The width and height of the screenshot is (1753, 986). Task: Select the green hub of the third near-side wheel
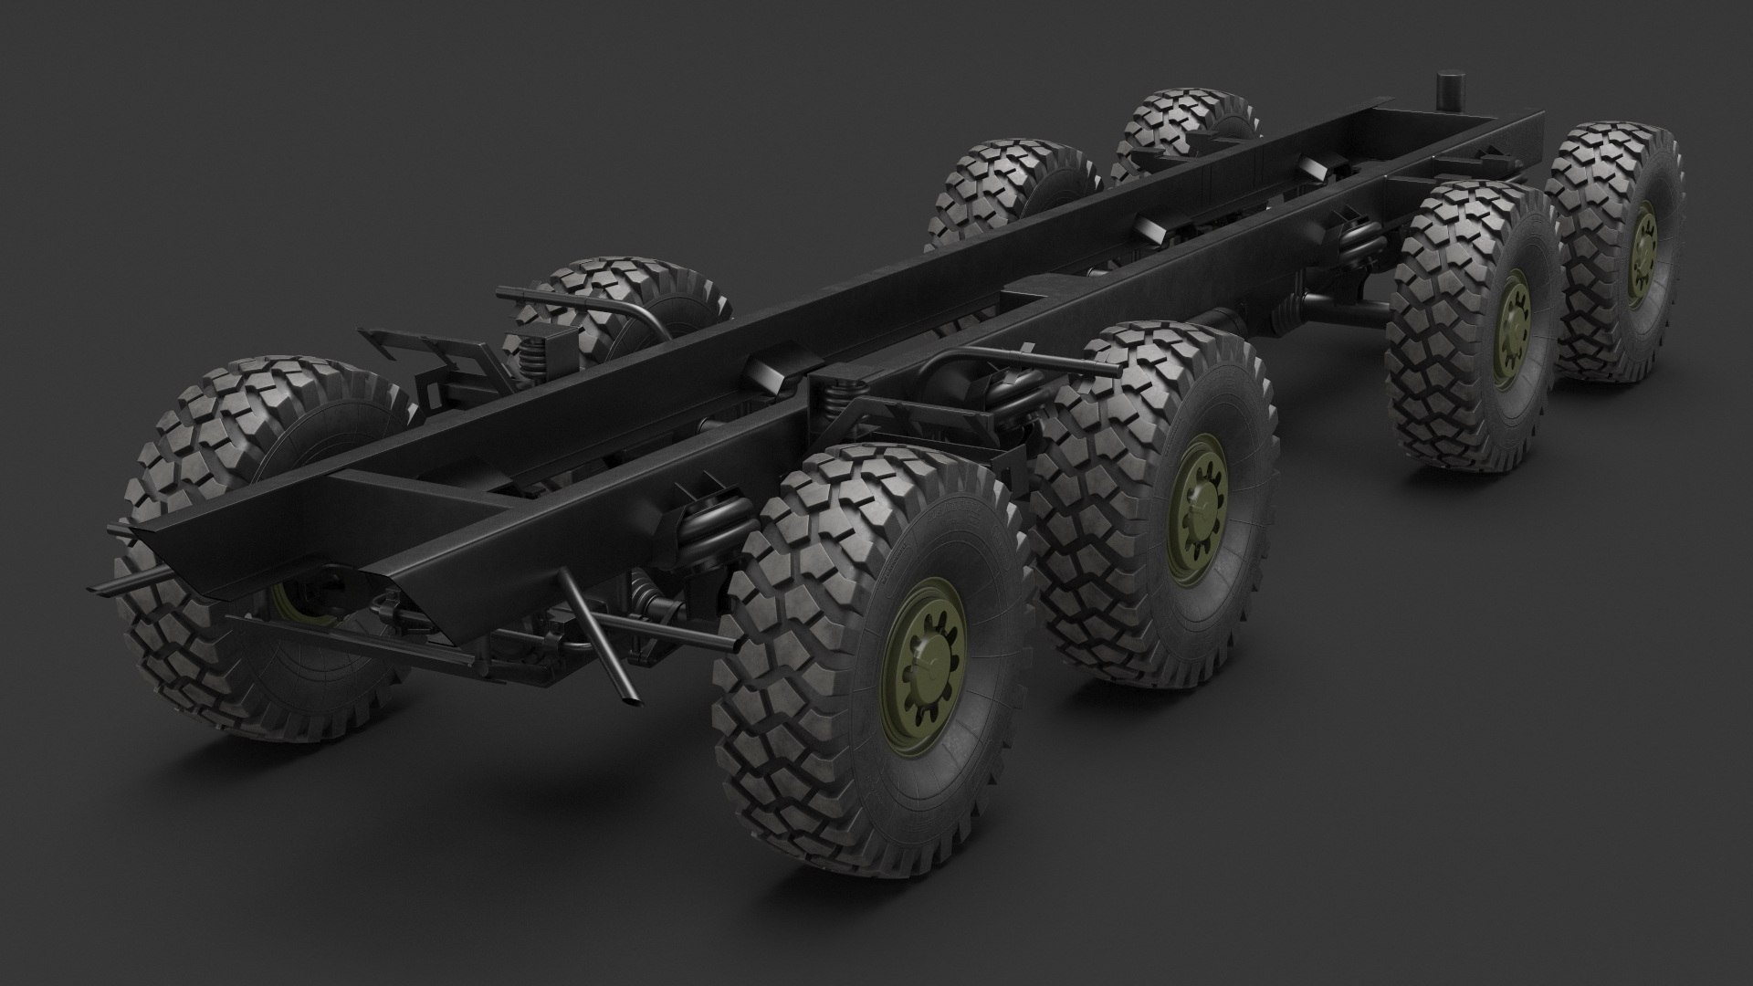[x=1512, y=327]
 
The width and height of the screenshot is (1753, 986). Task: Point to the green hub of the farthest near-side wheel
[x=1640, y=250]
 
